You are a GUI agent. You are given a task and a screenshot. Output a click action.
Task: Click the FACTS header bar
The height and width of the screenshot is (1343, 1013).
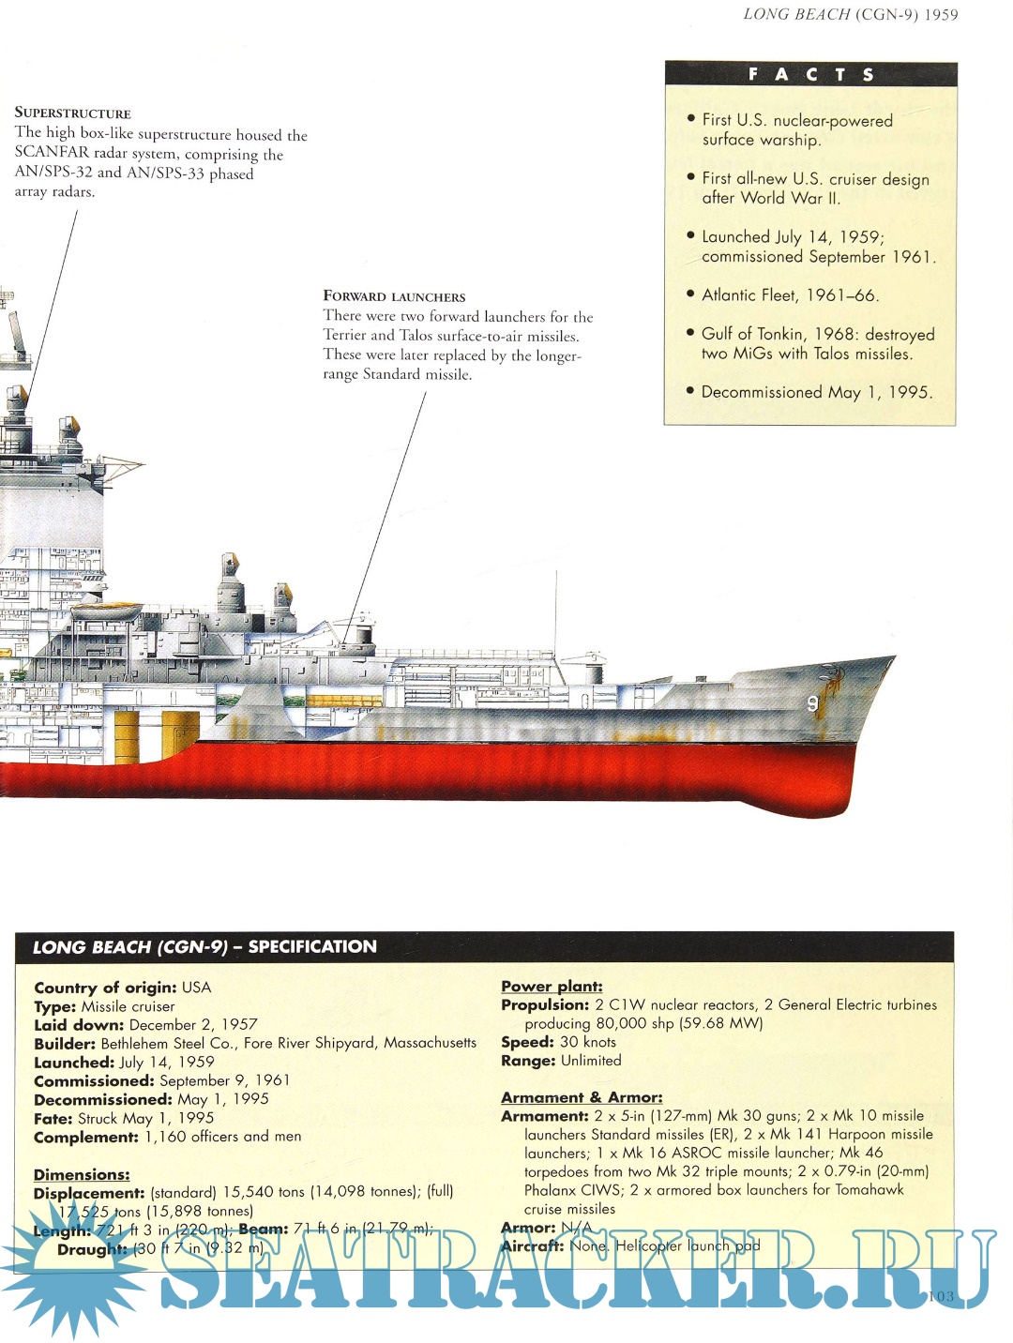coord(810,74)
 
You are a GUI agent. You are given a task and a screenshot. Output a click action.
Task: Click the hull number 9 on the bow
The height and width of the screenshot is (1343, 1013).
coord(812,703)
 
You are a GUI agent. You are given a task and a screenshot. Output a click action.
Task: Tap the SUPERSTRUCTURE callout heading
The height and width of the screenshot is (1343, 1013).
coord(72,113)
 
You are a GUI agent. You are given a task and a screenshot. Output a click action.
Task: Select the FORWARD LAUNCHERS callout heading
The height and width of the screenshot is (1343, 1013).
coord(394,296)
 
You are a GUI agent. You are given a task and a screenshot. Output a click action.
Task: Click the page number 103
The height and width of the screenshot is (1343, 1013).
coord(939,1296)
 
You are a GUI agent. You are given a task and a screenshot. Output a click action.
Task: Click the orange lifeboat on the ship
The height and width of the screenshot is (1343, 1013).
coord(106,611)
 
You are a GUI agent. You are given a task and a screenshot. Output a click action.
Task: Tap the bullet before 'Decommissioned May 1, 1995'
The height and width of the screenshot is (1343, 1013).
coord(690,390)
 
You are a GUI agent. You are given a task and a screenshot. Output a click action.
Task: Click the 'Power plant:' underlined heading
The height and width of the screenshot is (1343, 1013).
coord(552,986)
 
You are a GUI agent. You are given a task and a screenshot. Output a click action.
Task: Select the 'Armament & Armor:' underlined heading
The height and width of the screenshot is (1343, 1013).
coord(582,1097)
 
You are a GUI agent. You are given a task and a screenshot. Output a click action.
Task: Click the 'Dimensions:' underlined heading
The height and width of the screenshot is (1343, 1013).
coord(82,1174)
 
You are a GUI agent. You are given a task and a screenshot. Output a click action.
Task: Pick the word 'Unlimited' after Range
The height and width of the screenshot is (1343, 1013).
coord(591,1061)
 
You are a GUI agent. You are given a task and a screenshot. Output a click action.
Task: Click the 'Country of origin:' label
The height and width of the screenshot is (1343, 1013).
coord(105,988)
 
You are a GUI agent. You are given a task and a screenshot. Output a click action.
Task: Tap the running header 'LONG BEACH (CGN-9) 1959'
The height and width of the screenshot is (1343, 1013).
coord(850,14)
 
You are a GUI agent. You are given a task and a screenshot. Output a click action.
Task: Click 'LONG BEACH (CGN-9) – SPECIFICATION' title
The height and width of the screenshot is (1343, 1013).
coord(204,947)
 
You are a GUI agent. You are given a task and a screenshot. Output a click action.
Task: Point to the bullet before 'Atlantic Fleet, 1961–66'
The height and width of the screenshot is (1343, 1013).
coord(690,294)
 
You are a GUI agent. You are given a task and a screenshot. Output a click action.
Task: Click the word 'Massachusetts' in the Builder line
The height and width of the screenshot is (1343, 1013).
coord(430,1043)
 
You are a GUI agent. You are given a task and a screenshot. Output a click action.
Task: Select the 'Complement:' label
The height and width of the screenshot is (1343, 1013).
coord(86,1137)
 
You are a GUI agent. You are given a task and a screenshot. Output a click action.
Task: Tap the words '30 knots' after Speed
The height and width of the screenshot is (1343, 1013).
coord(588,1042)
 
